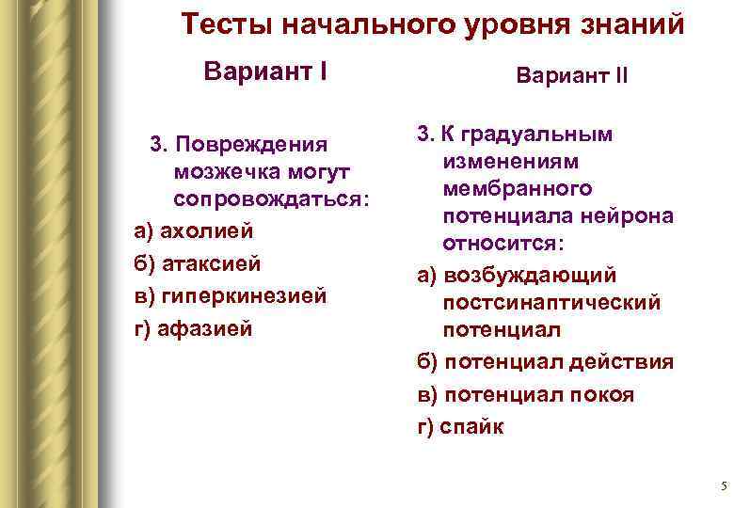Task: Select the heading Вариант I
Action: coord(265,71)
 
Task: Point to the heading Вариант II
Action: coord(571,74)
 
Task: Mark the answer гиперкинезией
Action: coord(244,295)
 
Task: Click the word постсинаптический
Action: coord(552,303)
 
